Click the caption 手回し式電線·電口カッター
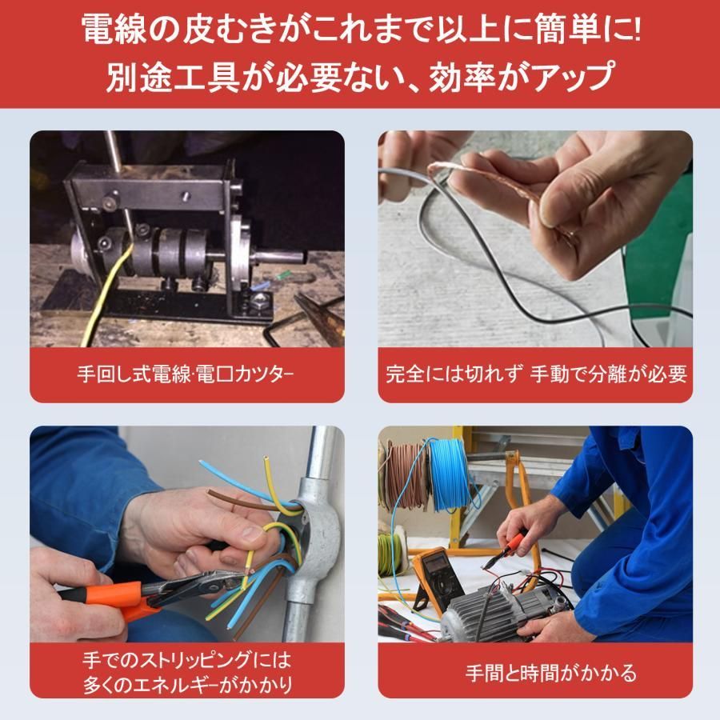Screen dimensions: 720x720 [186, 374]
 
